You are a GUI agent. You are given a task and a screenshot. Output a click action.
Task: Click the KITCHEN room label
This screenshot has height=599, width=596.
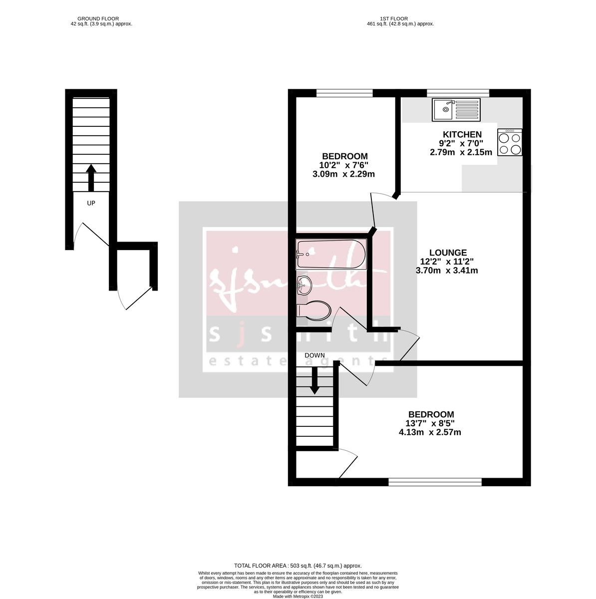point(462,134)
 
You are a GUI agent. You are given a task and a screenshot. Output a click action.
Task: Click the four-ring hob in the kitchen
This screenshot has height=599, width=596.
point(510,143)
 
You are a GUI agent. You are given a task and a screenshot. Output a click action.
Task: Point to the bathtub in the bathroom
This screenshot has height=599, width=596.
point(331,254)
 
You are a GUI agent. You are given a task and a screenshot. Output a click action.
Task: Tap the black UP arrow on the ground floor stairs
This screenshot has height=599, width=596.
point(91,178)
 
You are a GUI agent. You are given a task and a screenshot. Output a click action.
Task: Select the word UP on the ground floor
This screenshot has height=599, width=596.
point(91,203)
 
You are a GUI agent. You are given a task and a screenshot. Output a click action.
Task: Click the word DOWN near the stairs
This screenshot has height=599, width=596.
point(315,355)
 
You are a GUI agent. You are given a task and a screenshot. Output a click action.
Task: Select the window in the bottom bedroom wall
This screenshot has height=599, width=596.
point(435,482)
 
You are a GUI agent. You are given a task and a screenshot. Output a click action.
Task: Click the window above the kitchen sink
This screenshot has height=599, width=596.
point(458,93)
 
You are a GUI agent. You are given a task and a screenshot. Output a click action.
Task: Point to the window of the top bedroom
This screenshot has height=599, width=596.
point(344,93)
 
